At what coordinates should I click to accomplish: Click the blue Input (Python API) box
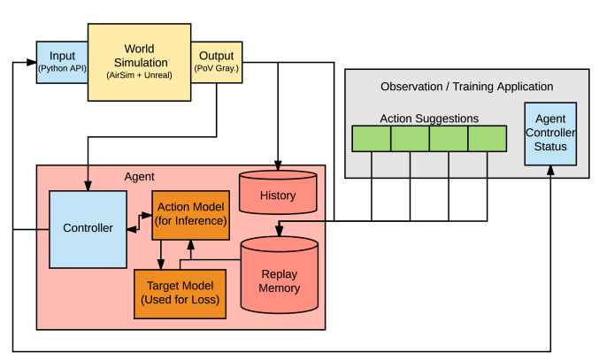[62, 62]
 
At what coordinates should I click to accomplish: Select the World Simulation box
[140, 62]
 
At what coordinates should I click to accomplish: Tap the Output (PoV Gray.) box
[217, 62]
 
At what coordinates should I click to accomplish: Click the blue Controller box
[88, 229]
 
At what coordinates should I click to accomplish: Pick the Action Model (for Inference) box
[190, 215]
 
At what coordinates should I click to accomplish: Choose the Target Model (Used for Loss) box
[180, 294]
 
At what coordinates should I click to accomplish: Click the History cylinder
[278, 192]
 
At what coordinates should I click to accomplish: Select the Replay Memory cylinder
[280, 275]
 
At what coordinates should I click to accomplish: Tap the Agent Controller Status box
[550, 134]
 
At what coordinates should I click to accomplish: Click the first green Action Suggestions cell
[372, 139]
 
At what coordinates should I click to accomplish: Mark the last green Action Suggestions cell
[488, 139]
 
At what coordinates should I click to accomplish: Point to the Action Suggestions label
[429, 119]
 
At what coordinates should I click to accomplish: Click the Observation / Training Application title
[467, 87]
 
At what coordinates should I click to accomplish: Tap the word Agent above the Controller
[140, 177]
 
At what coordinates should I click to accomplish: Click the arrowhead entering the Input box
[32, 62]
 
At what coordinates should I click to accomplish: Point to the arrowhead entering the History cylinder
[278, 165]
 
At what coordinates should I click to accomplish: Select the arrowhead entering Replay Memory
[280, 232]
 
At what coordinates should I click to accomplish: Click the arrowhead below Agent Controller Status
[550, 170]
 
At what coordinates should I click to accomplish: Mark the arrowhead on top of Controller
[88, 186]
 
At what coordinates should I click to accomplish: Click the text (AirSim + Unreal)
[140, 75]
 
